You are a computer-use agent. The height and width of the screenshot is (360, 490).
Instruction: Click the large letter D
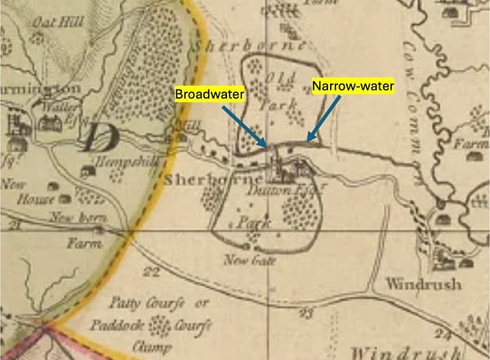[x=96, y=137]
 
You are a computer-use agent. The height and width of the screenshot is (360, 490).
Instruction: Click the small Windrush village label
[x=412, y=286]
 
